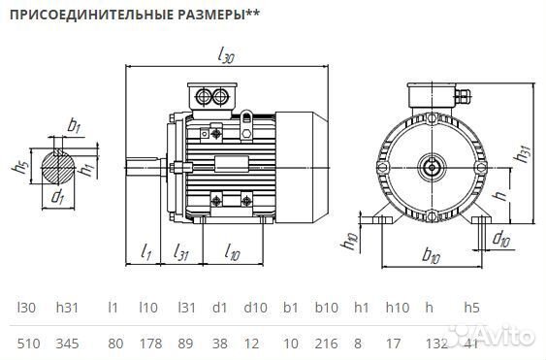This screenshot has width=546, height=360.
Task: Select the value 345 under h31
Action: (66, 344)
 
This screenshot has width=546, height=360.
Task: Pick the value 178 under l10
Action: (148, 344)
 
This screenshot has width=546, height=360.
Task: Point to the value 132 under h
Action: (437, 344)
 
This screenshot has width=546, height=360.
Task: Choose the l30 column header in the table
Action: (27, 308)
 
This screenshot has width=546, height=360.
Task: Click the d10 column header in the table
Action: (256, 308)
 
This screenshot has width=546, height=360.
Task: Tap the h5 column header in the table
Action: (472, 308)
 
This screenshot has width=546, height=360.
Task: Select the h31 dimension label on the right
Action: (525, 152)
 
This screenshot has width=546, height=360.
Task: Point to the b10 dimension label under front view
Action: (431, 257)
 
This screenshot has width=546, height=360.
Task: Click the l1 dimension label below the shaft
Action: (146, 253)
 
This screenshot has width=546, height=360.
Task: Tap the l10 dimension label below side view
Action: (232, 253)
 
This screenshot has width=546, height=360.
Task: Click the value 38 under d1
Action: (219, 344)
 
